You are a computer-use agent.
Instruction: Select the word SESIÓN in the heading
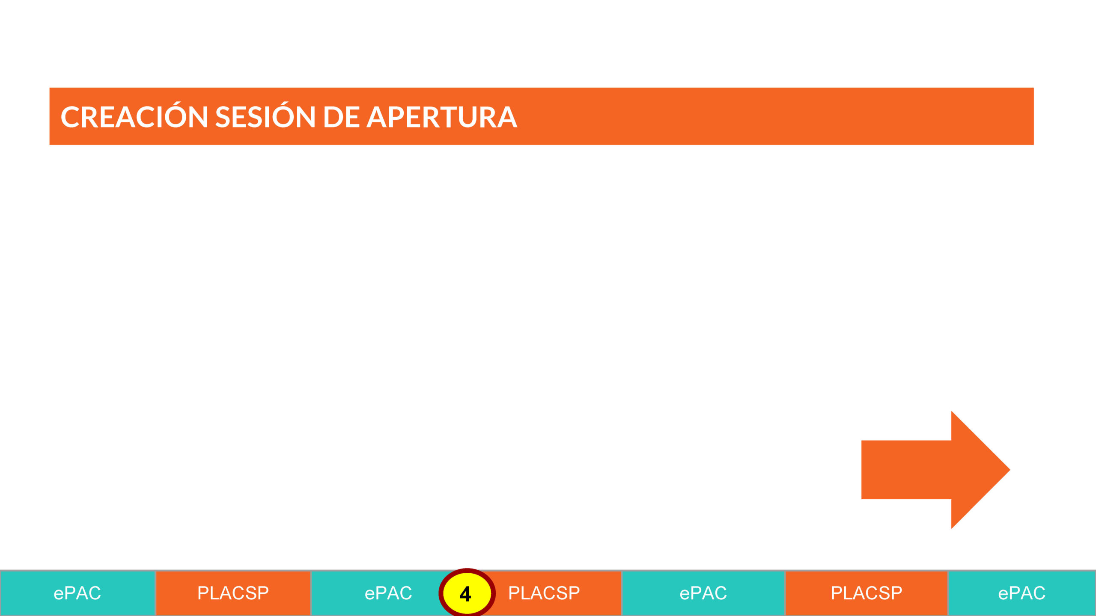265,117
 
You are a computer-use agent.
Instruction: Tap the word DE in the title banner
341,117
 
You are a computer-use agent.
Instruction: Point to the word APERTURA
442,117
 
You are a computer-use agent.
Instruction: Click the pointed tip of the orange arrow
1010,470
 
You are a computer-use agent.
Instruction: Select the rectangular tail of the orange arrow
906,470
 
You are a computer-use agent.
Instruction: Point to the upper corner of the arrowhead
952,412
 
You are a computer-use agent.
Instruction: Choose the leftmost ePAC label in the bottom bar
77,593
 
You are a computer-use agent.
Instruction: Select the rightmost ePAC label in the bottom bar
1022,593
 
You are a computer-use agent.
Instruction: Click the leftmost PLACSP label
233,593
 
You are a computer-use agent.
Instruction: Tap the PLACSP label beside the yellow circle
544,593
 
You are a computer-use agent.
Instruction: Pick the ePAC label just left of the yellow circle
388,593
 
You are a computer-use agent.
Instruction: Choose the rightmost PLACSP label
867,593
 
